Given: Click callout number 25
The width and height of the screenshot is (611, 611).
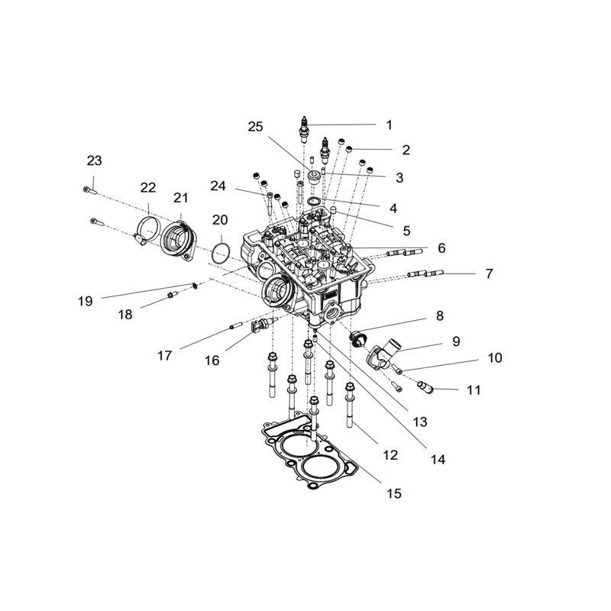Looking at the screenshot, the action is (x=256, y=127).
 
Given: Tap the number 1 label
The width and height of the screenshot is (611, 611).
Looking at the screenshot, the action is (x=389, y=125).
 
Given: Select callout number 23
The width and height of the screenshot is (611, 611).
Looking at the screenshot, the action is (x=94, y=160).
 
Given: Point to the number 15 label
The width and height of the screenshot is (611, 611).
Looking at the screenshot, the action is (x=394, y=493).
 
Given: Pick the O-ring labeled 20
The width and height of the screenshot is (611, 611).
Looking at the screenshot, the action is (x=221, y=254).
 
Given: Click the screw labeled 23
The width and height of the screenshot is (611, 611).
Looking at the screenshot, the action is (x=89, y=190).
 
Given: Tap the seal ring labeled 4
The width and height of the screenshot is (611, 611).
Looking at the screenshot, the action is (x=314, y=202).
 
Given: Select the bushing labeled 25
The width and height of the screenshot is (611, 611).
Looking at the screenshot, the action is (x=314, y=177).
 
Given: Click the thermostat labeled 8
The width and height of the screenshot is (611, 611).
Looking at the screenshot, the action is (x=357, y=338).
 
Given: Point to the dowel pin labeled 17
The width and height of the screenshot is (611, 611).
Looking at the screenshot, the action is (x=236, y=325).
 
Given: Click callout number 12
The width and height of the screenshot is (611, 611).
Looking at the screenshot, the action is (x=390, y=454).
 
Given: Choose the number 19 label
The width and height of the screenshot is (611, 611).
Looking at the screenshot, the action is (x=86, y=301).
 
